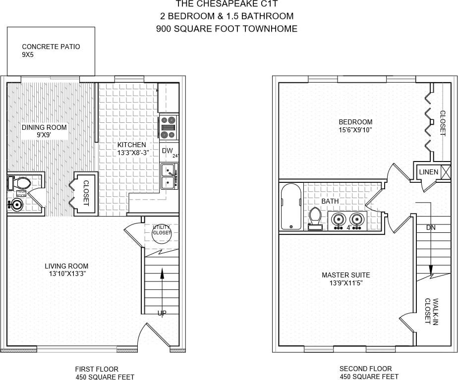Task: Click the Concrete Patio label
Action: tap(51, 47)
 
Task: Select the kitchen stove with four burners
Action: tap(169, 127)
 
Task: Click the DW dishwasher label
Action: tap(167, 151)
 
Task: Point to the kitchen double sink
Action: tap(169, 177)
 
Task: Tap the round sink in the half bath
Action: tap(17, 204)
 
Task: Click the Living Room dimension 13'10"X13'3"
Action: tap(66, 274)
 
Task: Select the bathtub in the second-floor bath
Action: tap(291, 207)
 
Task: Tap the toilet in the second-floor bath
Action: tap(315, 217)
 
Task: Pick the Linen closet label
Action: tap(429, 172)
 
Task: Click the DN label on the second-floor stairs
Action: tap(431, 227)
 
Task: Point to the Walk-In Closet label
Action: tap(431, 311)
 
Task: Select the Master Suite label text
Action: tap(345, 275)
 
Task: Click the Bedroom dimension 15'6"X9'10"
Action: tap(355, 130)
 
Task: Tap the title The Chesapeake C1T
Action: tap(227, 4)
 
